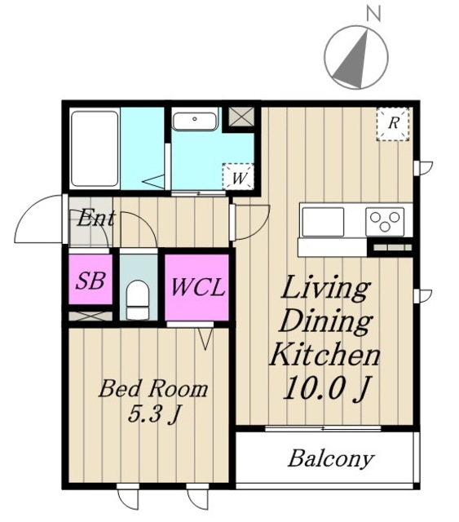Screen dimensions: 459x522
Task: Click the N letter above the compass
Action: (x=373, y=14)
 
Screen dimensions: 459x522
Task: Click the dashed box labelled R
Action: (x=393, y=124)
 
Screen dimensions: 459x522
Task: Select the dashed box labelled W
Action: (x=238, y=176)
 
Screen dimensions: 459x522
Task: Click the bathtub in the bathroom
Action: (x=95, y=148)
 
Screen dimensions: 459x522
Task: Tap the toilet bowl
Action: (x=138, y=299)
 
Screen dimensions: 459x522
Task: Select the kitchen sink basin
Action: (x=323, y=222)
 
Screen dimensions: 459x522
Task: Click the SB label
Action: (x=90, y=281)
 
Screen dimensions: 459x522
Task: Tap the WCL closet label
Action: (x=197, y=287)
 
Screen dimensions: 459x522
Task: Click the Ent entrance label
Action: (x=96, y=218)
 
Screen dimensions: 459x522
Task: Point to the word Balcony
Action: (x=331, y=459)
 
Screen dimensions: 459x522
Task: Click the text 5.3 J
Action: (x=154, y=415)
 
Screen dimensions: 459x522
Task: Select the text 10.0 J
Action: (x=326, y=388)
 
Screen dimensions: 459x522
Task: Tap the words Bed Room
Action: (x=153, y=388)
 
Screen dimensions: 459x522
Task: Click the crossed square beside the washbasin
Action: (x=241, y=117)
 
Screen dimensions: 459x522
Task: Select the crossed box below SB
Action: (x=90, y=316)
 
